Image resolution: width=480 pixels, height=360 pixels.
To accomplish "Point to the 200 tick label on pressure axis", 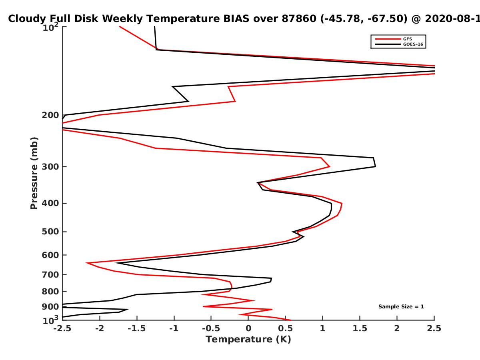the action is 50,115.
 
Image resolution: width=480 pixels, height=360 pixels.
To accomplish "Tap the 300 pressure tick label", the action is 50,166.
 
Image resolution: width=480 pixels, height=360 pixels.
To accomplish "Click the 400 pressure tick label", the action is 50,203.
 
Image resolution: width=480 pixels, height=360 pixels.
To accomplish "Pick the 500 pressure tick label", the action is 50,232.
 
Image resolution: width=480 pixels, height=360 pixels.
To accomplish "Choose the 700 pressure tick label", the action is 50,274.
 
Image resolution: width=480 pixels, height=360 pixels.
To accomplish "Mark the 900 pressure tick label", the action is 50,307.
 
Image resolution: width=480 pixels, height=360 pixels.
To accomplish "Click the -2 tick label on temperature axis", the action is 100,328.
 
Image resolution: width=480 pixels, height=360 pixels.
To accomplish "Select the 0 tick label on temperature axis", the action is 248,328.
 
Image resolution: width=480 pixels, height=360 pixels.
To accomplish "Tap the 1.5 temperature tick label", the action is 360,328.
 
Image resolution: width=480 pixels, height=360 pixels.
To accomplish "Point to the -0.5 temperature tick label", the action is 211,328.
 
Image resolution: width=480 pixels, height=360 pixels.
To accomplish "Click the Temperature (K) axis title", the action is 248,340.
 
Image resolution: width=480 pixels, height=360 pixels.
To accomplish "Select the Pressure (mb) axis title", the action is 34,173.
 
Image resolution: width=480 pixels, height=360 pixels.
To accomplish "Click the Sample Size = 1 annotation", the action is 401,307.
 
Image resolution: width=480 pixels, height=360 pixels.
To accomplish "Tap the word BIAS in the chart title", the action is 236,19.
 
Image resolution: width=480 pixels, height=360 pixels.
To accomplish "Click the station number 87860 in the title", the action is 299,19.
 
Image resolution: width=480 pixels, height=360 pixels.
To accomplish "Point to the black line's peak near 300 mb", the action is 376,166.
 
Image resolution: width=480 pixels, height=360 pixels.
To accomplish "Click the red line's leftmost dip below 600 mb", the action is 86,263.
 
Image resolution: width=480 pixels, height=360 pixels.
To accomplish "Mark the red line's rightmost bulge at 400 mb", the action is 342,204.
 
